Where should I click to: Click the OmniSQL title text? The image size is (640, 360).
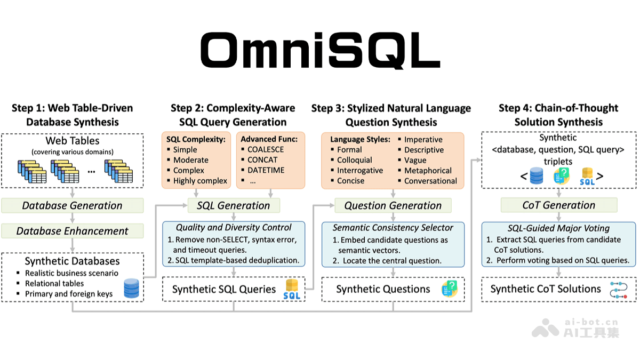(320, 51)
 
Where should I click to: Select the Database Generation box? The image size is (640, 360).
(72, 205)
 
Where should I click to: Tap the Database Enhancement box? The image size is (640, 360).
(72, 231)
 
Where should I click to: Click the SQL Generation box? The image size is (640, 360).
(234, 205)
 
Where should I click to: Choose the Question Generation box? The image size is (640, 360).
(393, 205)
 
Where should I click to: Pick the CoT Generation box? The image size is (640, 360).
(558, 205)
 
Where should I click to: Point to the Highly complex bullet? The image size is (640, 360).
(200, 181)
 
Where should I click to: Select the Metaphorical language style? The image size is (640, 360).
(428, 171)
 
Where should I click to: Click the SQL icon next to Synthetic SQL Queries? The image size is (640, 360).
(292, 289)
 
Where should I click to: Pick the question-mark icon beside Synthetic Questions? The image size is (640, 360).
(450, 289)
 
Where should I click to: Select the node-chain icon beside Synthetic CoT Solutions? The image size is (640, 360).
(619, 289)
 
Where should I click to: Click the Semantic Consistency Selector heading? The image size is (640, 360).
(393, 228)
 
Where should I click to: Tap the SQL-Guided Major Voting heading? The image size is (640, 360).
(558, 228)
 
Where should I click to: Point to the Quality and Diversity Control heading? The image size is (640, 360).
(234, 228)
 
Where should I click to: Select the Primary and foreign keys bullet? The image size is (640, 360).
(69, 293)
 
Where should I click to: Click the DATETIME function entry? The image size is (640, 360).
(266, 170)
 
